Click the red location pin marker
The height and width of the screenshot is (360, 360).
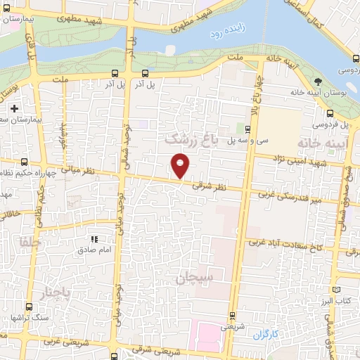pyautogui.click(x=181, y=165)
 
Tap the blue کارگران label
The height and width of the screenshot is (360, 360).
pyautogui.click(x=266, y=332)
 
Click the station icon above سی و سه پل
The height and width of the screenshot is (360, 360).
pyautogui.click(x=247, y=129)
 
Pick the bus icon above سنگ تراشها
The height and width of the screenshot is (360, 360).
pyautogui.click(x=29, y=307)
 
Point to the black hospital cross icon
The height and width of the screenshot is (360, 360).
pyautogui.click(x=14, y=109)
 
